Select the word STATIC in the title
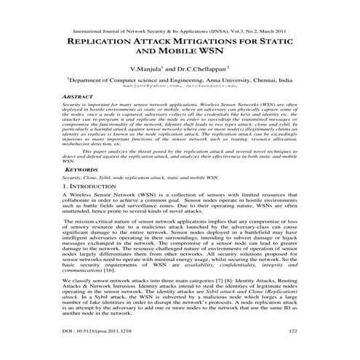[x=294, y=42]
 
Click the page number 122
[x=292, y=331]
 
